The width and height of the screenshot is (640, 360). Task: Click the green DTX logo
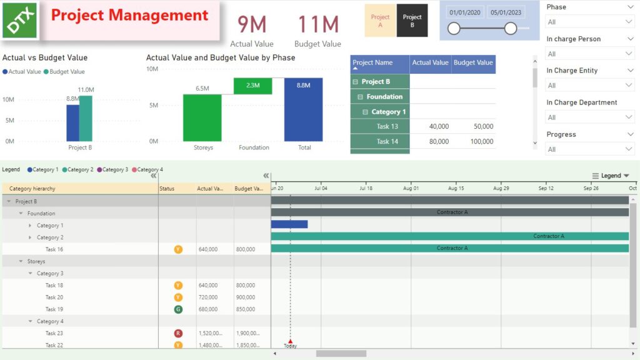pyautogui.click(x=21, y=21)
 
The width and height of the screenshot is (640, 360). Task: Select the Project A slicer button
pyautogui.click(x=380, y=21)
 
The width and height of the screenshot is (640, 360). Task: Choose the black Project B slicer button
pyautogui.click(x=412, y=21)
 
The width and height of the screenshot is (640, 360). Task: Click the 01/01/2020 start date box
pyautogui.click(x=466, y=12)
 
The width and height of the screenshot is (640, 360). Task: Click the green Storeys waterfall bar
pyautogui.click(x=202, y=117)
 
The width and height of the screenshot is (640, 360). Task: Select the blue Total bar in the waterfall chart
pyautogui.click(x=303, y=109)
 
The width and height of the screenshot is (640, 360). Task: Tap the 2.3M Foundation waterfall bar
pyautogui.click(x=252, y=86)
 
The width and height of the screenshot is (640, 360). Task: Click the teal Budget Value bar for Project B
pyautogui.click(x=86, y=118)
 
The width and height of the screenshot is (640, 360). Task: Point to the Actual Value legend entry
pyautogui.click(x=22, y=72)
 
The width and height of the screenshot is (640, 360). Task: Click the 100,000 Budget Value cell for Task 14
pyautogui.click(x=473, y=142)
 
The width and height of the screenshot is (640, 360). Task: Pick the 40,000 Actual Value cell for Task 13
pyautogui.click(x=431, y=126)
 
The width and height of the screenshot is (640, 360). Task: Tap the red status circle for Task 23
pyautogui.click(x=178, y=333)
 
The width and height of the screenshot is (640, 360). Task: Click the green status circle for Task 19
pyautogui.click(x=178, y=309)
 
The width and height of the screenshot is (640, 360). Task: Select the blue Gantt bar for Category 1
pyautogui.click(x=289, y=224)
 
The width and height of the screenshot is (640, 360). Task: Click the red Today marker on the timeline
pyautogui.click(x=290, y=341)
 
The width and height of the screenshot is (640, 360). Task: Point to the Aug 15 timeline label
pyautogui.click(x=456, y=187)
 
